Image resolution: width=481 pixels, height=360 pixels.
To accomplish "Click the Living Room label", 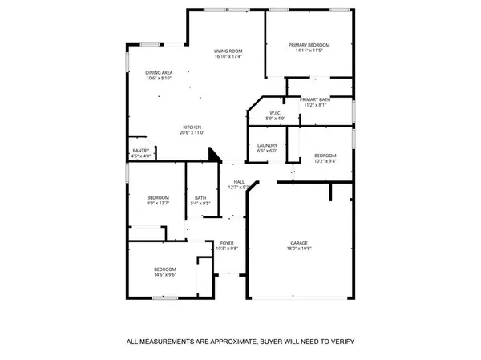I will (x=228, y=51).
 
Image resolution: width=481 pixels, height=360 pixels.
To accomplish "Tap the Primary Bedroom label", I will (x=309, y=44).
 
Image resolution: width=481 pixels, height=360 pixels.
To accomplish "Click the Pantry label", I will (x=141, y=150).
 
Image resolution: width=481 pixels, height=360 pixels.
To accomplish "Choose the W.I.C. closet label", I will (x=274, y=113).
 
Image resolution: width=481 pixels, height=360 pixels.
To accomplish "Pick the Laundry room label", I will (x=267, y=145).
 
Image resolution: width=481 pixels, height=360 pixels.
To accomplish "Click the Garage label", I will (x=299, y=242).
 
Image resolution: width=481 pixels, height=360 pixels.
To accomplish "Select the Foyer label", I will (x=227, y=243).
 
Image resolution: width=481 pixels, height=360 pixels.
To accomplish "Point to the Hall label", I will (x=239, y=182).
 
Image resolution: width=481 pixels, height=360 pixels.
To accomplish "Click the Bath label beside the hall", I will (x=200, y=197).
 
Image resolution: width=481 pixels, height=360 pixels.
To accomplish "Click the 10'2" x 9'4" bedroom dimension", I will (x=325, y=160).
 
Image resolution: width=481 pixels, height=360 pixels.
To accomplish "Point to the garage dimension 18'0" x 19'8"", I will (x=299, y=249).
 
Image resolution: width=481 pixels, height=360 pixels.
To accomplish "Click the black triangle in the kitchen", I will (x=214, y=156).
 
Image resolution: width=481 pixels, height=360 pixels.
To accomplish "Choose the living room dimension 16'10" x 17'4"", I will (x=228, y=57).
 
